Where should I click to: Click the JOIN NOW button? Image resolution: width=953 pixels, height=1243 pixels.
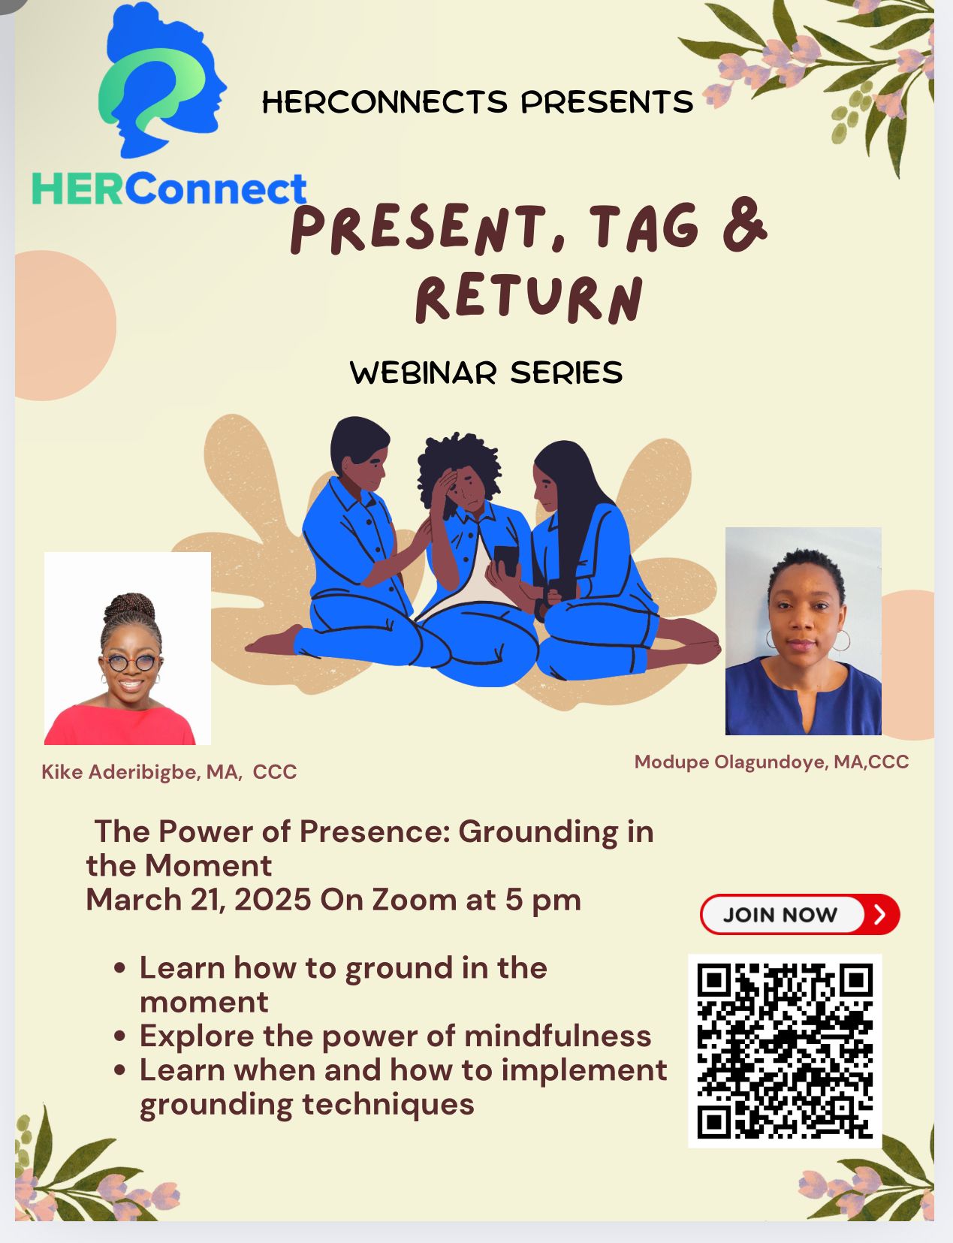tap(800, 914)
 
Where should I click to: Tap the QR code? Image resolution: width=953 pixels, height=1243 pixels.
tap(785, 1051)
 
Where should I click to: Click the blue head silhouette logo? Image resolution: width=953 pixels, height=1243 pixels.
tap(163, 80)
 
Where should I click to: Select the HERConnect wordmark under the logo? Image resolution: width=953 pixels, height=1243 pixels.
tap(170, 189)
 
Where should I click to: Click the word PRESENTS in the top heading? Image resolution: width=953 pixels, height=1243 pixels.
tap(607, 102)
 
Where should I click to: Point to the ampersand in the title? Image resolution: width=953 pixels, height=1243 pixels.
tap(744, 225)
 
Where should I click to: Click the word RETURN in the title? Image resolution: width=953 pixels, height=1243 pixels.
tap(529, 298)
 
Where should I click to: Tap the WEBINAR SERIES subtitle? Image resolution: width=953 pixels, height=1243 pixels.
tap(486, 373)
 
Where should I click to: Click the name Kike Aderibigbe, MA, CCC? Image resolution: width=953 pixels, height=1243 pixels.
tap(169, 771)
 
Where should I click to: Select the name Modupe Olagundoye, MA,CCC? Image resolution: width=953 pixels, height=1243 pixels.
tap(771, 762)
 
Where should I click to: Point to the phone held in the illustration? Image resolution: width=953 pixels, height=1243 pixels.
tap(506, 560)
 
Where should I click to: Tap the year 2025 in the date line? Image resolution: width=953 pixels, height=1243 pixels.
tap(272, 900)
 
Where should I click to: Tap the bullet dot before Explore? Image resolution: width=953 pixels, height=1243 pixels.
tap(119, 1036)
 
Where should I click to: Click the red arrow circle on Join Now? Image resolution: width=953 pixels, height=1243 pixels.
tap(880, 914)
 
